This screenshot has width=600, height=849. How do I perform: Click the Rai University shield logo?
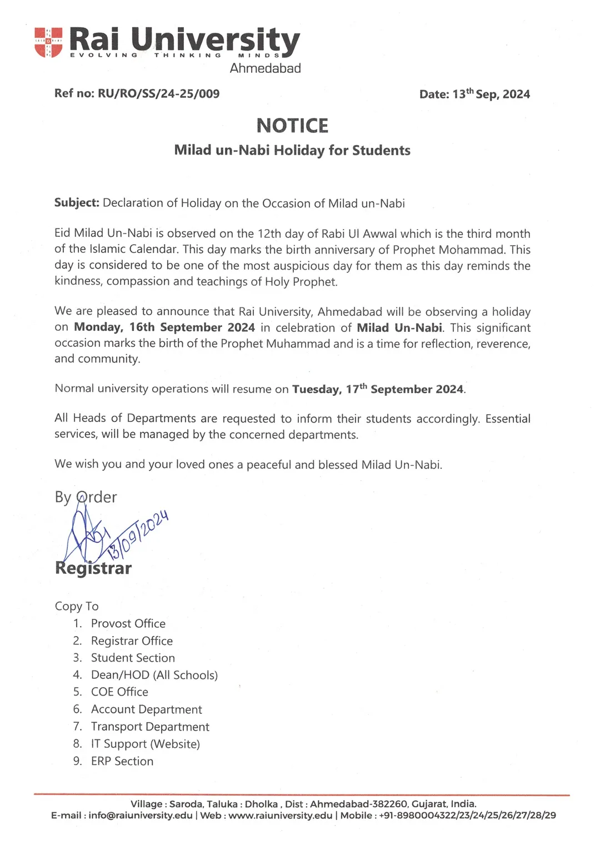[48, 43]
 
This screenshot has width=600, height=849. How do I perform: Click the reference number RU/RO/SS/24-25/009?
[158, 94]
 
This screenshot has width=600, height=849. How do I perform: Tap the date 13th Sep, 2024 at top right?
[491, 94]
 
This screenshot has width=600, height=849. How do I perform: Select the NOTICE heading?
[292, 126]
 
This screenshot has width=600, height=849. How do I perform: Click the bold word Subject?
[77, 203]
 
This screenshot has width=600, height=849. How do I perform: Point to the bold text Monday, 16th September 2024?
[164, 327]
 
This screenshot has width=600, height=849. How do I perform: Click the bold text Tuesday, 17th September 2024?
[378, 389]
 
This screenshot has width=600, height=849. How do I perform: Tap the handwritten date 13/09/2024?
[138, 534]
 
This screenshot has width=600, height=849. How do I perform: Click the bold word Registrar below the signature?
[93, 568]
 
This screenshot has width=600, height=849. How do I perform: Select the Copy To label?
[77, 606]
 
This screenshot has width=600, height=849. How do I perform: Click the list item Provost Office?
[128, 624]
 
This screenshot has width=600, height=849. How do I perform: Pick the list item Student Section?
[133, 658]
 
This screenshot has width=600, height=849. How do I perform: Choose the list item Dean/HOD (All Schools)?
[154, 675]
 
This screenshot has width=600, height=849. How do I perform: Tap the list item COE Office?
[119, 692]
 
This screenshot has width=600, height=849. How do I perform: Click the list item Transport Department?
[150, 727]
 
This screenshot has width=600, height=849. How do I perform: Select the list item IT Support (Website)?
[146, 744]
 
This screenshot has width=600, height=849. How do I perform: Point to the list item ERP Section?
[122, 761]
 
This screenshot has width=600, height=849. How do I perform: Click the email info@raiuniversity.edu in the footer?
[141, 816]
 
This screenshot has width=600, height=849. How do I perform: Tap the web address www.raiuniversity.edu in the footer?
[281, 816]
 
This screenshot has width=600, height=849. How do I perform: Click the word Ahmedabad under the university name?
[266, 68]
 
